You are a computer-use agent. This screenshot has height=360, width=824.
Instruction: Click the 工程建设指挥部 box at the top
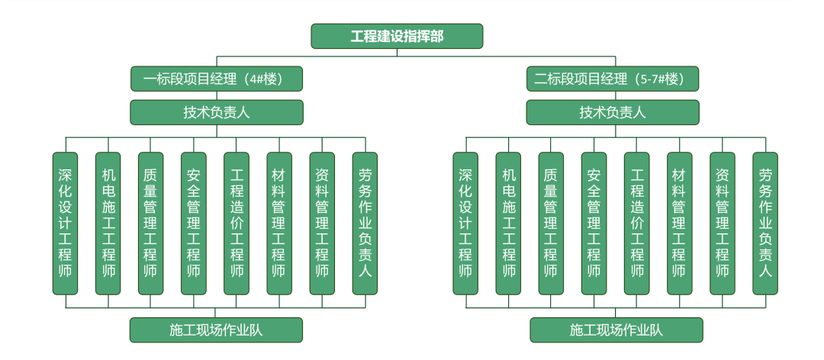click(397, 36)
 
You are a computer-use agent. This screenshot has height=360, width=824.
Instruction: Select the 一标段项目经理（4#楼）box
click(217, 79)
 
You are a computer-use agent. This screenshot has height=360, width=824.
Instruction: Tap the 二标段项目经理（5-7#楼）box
click(613, 79)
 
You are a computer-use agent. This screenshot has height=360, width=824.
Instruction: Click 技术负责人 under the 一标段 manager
click(217, 112)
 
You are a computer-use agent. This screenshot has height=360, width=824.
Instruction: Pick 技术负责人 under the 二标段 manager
click(613, 112)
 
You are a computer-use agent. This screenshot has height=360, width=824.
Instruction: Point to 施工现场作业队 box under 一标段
click(217, 329)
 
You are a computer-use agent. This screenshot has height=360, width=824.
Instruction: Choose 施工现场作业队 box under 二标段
click(616, 329)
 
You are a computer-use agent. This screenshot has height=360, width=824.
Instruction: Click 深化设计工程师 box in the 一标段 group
click(66, 223)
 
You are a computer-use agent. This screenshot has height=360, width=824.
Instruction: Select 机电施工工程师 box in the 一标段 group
click(108, 223)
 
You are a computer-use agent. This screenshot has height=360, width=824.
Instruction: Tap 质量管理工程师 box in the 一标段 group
click(151, 223)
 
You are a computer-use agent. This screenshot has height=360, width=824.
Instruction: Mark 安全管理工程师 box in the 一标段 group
click(194, 223)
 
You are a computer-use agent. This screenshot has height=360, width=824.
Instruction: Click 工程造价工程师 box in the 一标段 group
click(237, 223)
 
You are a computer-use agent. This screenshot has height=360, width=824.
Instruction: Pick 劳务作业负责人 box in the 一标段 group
click(365, 223)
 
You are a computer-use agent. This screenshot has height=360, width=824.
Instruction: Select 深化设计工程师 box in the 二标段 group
click(465, 223)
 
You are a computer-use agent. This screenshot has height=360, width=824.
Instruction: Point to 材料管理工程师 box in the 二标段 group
click(679, 223)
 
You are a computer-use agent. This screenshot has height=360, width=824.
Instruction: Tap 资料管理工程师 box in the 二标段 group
click(722, 223)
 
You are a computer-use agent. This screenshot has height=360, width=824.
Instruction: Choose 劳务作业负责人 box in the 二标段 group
click(764, 223)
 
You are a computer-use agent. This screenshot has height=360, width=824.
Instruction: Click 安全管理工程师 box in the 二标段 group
click(594, 223)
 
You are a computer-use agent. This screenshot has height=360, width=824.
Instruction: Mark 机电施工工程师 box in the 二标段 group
click(508, 223)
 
